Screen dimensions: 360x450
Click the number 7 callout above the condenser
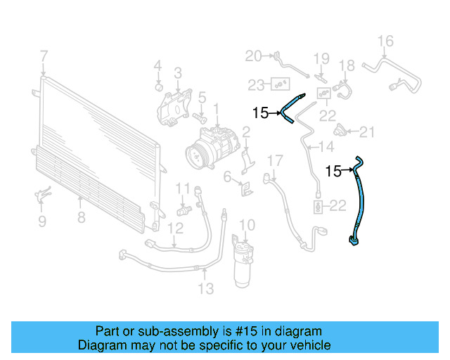(x=44, y=56)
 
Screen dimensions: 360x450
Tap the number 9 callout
(x=42, y=221)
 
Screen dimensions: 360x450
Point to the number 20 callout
(x=253, y=56)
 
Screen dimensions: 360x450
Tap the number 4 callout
(x=158, y=66)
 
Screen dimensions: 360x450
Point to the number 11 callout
(x=184, y=188)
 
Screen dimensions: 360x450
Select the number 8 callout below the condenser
(x=82, y=217)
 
